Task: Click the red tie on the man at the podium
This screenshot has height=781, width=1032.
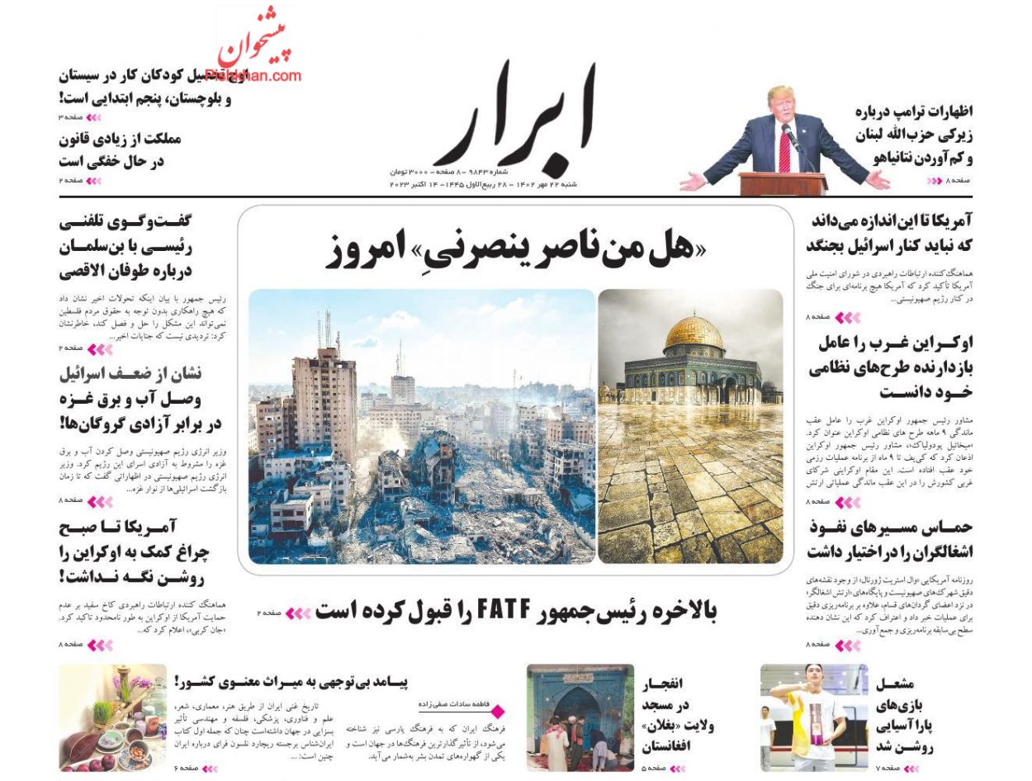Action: point(783,152)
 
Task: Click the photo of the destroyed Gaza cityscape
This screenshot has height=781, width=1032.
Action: point(421,426)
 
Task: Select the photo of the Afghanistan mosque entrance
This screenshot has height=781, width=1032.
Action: point(580,717)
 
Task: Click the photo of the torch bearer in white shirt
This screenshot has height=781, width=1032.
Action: point(813,717)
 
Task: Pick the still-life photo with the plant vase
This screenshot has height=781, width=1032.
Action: point(112,717)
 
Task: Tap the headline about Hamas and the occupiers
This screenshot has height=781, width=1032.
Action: point(890,538)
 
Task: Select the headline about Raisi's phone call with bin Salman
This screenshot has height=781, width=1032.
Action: point(125,246)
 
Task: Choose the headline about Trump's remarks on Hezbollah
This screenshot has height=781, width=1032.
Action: point(913,135)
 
